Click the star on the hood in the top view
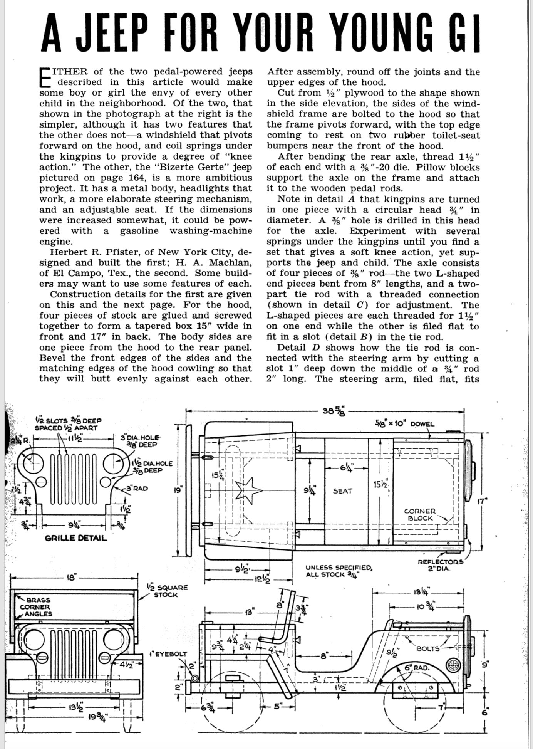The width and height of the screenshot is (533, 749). tap(248, 490)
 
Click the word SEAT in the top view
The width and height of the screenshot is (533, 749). tap(342, 491)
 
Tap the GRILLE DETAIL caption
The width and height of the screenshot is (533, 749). tap(76, 538)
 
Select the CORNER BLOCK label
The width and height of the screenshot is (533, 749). tap(420, 515)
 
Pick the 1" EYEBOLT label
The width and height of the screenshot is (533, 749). tap(168, 654)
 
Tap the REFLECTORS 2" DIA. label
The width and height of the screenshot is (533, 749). tap(441, 565)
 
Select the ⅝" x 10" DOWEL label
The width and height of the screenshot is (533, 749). tap(405, 424)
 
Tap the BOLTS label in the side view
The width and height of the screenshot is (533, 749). tap(428, 648)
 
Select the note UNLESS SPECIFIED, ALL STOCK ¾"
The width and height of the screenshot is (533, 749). tap(339, 571)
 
